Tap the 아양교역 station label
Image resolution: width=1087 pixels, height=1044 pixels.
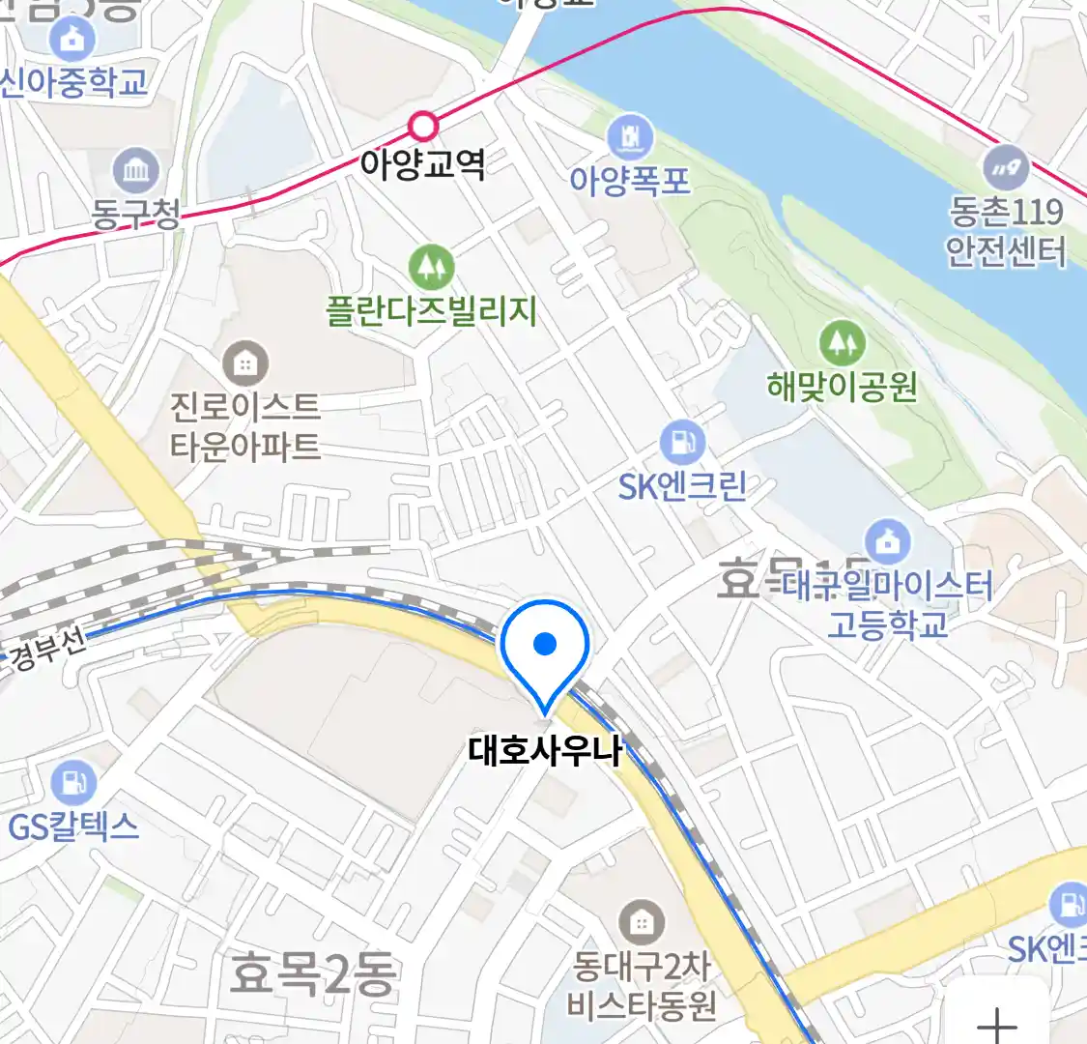point(422,163)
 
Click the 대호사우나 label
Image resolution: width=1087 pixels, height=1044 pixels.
point(544,750)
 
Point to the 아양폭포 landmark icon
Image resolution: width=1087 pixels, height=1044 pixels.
point(630,138)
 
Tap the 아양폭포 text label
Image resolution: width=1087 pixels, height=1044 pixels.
point(630,180)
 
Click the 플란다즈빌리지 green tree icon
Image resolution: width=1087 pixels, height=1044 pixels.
point(431,267)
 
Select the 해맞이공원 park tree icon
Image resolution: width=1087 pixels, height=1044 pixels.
point(842,342)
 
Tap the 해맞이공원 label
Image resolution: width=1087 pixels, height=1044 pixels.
point(842,387)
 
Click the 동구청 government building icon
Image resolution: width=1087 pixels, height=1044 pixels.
point(136,171)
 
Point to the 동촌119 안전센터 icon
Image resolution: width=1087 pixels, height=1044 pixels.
point(1007,168)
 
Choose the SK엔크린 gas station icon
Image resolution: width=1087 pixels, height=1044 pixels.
point(682,443)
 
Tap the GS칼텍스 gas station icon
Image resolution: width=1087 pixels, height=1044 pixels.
point(73,782)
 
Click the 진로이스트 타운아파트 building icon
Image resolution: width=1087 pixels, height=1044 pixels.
point(245,363)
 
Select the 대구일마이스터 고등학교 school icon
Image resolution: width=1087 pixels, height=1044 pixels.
point(887,542)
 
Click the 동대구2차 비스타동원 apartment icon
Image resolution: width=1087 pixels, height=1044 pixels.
point(641,922)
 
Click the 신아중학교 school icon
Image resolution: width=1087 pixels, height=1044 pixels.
point(73,40)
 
